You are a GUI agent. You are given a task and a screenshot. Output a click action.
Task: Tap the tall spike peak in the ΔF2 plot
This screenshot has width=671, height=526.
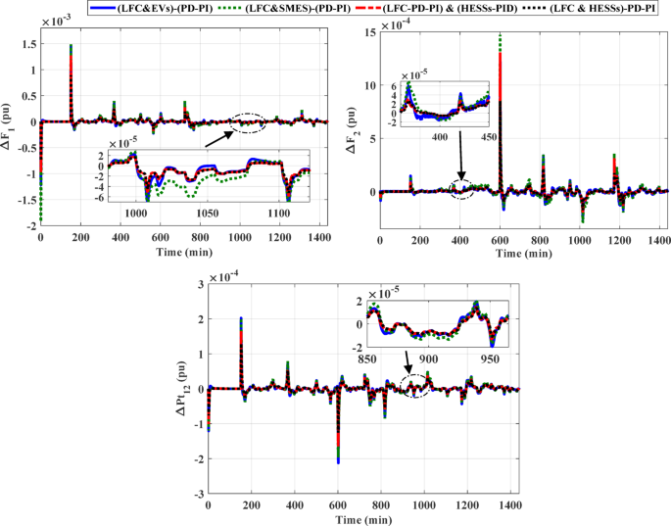click(x=501, y=35)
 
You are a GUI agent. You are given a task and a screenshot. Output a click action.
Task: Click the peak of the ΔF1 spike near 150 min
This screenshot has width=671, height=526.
click(x=71, y=46)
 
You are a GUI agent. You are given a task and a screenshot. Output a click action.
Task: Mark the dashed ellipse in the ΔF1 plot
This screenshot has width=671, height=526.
click(x=246, y=122)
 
